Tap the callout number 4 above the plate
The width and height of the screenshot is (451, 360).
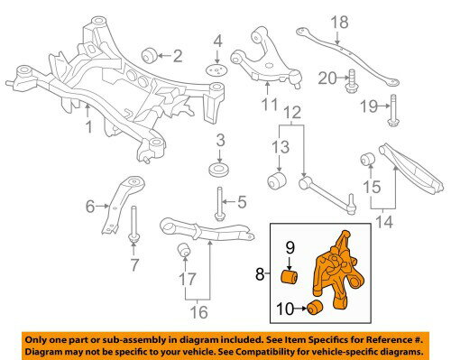point(216,41)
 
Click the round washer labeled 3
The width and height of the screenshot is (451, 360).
point(218,169)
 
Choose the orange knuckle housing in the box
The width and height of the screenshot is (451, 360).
point(338,271)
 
